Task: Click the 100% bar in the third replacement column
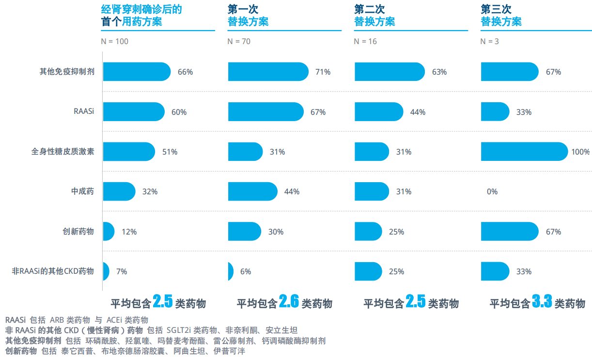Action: (x=524, y=152)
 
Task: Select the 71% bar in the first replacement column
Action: (x=268, y=72)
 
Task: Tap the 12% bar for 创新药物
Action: (x=109, y=232)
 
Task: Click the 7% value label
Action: (x=122, y=272)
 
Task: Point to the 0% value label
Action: (x=492, y=192)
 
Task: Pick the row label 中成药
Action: (x=82, y=192)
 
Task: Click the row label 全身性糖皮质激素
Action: (x=63, y=152)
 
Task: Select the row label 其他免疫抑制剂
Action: (x=67, y=72)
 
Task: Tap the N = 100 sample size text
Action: (x=115, y=42)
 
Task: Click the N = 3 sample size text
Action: (x=489, y=42)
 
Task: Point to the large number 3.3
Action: (x=542, y=302)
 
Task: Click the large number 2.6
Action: (x=289, y=302)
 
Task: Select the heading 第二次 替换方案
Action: (x=374, y=16)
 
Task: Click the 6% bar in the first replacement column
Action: (x=231, y=272)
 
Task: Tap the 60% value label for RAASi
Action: (x=179, y=112)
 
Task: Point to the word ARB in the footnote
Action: (x=57, y=320)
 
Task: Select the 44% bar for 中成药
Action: (x=252, y=192)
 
